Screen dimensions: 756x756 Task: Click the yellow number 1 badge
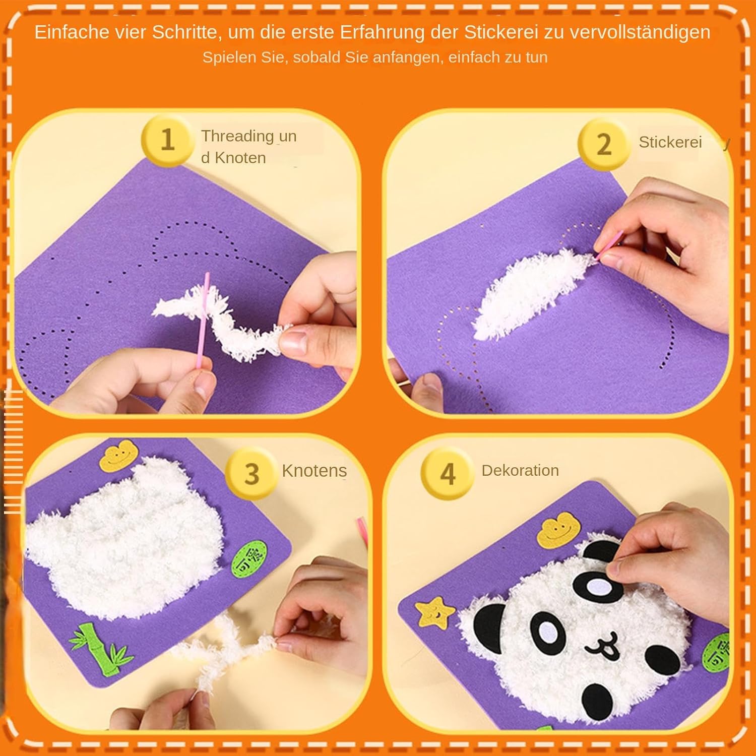click(x=167, y=140)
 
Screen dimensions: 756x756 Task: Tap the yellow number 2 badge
click(x=603, y=144)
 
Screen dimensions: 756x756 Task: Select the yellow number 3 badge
click(x=251, y=474)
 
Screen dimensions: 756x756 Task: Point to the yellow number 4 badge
click(x=448, y=474)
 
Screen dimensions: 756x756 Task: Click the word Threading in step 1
click(x=237, y=137)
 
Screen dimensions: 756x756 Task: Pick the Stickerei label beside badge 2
click(x=670, y=142)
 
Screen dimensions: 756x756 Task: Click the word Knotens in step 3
click(x=314, y=471)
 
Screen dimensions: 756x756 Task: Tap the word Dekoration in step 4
click(x=520, y=470)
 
